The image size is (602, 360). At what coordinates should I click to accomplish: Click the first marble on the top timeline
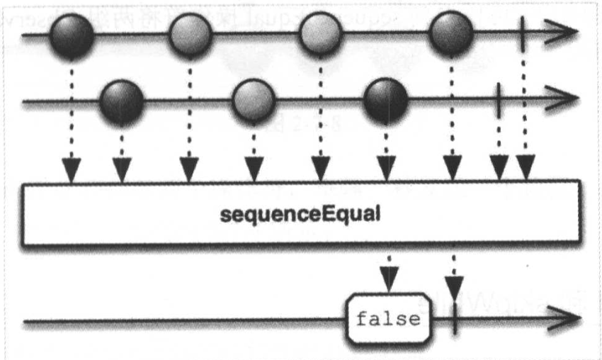coord(71,35)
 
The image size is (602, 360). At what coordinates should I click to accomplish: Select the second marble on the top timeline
coord(190,35)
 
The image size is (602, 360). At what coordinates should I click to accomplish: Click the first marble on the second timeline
coord(122,103)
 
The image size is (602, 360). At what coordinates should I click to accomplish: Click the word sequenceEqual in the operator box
coord(300,213)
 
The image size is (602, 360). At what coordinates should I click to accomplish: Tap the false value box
coord(388,320)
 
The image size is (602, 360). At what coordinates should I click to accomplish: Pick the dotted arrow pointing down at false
coord(388,273)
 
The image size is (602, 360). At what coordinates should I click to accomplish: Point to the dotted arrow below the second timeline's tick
coord(499,149)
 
